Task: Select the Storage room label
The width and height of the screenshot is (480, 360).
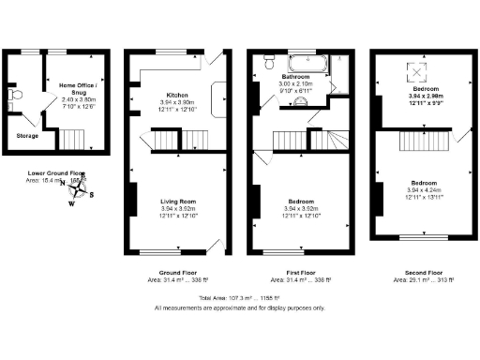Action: tap(28, 136)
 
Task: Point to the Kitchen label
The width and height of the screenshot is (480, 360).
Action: tap(177, 96)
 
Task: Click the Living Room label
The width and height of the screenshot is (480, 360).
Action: tap(177, 201)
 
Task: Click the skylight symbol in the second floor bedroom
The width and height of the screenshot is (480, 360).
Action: tap(412, 71)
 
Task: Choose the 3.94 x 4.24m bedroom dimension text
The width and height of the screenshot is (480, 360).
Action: tap(424, 190)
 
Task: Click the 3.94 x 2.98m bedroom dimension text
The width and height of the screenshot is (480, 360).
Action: tap(424, 95)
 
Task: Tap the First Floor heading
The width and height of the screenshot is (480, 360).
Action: tap(300, 271)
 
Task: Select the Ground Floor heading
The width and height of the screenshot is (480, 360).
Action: tap(177, 271)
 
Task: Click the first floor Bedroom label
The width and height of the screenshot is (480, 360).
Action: tap(300, 201)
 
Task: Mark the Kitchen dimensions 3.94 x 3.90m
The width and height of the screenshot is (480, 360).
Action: tap(177, 104)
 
